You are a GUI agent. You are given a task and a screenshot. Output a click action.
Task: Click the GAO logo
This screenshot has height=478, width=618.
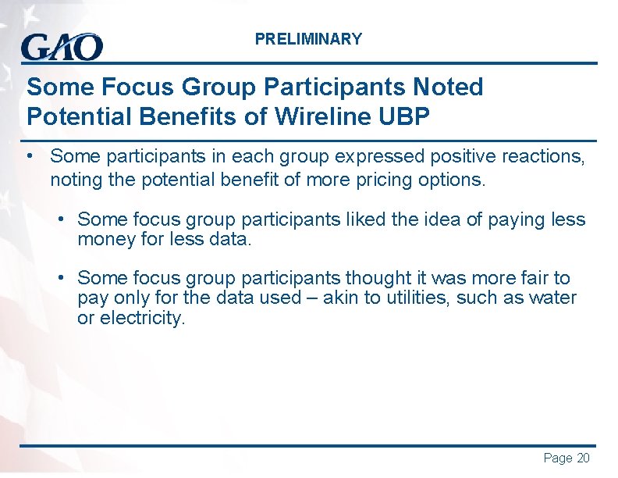(x=62, y=47)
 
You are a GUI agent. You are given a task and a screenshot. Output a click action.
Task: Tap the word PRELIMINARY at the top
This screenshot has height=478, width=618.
(x=308, y=39)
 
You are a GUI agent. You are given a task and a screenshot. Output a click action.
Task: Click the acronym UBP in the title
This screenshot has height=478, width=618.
(x=403, y=116)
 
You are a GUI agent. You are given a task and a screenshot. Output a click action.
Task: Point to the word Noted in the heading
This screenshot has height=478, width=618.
(x=446, y=87)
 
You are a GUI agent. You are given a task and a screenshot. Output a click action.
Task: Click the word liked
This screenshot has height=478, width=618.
(x=363, y=219)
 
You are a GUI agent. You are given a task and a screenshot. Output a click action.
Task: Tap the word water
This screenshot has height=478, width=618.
(x=553, y=298)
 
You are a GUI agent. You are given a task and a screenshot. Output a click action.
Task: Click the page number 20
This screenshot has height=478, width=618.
(x=583, y=458)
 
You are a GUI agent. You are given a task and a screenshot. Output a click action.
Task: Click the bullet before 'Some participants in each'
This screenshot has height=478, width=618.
(x=28, y=155)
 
